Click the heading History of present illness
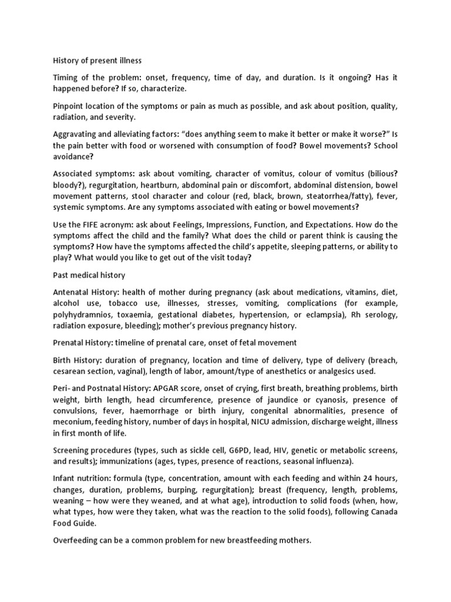pos(97,60)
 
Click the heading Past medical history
pos(89,275)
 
